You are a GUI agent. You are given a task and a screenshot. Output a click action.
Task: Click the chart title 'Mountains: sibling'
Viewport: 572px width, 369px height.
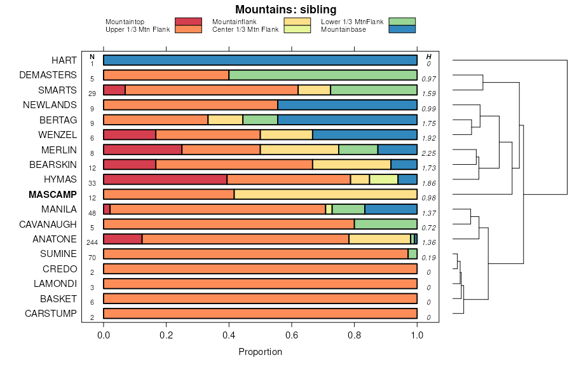pyautogui.click(x=285, y=9)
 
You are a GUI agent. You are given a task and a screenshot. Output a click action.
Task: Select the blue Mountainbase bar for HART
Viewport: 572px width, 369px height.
pyautogui.click(x=260, y=60)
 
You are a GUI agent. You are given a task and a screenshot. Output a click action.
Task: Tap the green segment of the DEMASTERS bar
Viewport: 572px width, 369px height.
pyautogui.click(x=323, y=75)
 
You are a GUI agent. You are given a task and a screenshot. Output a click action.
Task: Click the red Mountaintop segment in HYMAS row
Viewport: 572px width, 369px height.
pyautogui.click(x=165, y=179)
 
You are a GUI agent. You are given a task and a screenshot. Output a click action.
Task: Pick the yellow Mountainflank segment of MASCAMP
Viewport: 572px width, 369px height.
pyautogui.click(x=325, y=194)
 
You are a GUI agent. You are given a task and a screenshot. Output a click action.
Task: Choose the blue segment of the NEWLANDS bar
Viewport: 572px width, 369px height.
pyautogui.click(x=347, y=105)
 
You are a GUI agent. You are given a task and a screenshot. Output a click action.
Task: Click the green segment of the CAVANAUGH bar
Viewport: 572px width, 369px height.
pyautogui.click(x=385, y=224)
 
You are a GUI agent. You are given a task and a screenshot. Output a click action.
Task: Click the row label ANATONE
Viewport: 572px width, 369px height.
pyautogui.click(x=55, y=239)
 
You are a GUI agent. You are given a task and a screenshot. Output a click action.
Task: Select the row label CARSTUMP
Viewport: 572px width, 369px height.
pyautogui.click(x=51, y=314)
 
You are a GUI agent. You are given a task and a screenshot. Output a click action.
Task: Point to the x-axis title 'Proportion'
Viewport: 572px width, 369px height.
pyautogui.click(x=260, y=352)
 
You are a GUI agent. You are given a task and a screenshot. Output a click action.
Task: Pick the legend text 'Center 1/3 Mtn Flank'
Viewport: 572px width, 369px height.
pyautogui.click(x=245, y=29)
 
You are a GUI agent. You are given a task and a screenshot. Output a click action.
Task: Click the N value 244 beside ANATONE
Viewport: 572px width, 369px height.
pyautogui.click(x=92, y=242)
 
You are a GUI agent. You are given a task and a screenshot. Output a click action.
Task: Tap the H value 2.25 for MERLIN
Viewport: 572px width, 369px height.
pyautogui.click(x=428, y=153)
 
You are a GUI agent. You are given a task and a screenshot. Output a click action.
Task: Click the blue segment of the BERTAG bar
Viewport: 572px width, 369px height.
pyautogui.click(x=347, y=120)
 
